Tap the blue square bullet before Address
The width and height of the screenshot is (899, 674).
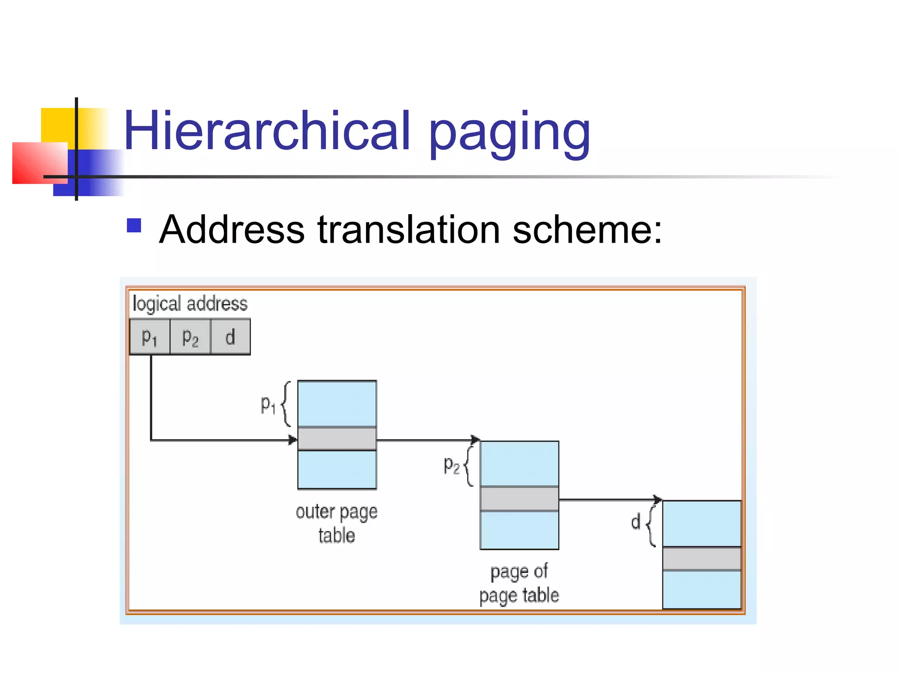134,226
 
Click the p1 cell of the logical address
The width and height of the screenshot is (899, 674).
150,337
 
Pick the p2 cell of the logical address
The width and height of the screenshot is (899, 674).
190,337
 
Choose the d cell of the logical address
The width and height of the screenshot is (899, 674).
230,337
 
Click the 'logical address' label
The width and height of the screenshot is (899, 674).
190,304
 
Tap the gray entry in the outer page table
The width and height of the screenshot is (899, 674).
337,438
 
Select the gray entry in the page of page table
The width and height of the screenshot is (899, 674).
519,498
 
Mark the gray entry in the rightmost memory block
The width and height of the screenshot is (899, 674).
701,558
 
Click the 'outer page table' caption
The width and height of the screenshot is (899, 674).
337,523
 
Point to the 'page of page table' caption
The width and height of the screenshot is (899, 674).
519,583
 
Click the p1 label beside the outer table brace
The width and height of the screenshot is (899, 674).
268,404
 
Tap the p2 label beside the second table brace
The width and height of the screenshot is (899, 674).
451,465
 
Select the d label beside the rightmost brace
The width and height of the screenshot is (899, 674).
636,522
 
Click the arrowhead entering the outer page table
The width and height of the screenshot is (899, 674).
293,440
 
